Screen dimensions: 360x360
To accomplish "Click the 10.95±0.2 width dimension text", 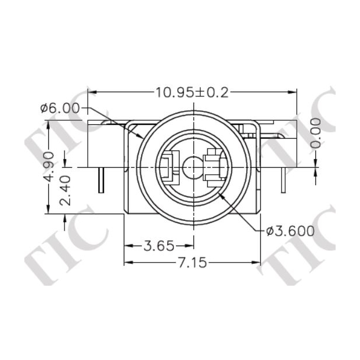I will point(192,92).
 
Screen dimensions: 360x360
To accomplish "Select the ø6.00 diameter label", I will point(60,108).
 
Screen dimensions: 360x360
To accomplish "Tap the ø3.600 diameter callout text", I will point(290,231).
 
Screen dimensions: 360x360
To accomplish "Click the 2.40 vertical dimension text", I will point(67,190).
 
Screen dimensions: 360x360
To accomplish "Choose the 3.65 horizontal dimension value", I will point(159,246).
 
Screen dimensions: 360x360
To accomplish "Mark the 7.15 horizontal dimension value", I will point(190,262).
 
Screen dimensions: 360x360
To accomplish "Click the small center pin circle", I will point(191,168).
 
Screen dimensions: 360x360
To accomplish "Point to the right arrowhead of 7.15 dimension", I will point(258,262).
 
